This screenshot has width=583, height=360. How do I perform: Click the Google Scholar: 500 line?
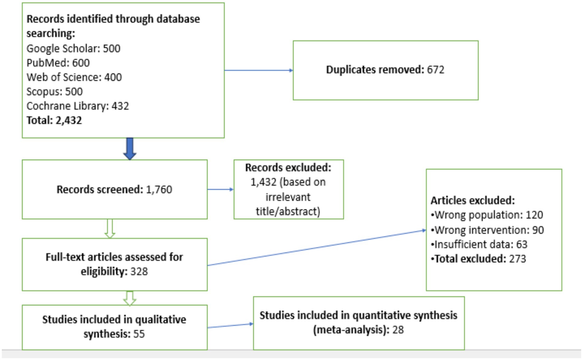tap(73, 48)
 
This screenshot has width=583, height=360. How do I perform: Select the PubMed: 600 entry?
tap(58, 63)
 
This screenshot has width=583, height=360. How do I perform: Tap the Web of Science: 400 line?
tap(74, 77)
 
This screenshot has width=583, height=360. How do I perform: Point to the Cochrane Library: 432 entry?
tap(78, 106)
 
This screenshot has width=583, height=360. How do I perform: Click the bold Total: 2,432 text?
tap(54, 120)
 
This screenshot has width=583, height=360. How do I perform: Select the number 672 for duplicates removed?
tap(436, 70)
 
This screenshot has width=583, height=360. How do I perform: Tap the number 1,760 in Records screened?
tap(159, 190)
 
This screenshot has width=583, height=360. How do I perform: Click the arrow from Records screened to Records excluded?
tap(220, 190)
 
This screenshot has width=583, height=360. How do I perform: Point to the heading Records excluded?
tap(288, 168)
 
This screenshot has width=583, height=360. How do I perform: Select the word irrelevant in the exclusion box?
tap(288, 197)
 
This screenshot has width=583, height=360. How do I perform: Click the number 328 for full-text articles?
tap(139, 271)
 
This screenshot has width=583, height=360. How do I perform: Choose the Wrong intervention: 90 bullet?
tap(489, 230)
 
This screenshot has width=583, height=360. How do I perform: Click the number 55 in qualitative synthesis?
tap(139, 334)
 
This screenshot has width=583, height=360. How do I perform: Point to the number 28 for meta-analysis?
tap(398, 330)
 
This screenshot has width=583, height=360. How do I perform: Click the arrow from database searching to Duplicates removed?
tap(258, 70)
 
